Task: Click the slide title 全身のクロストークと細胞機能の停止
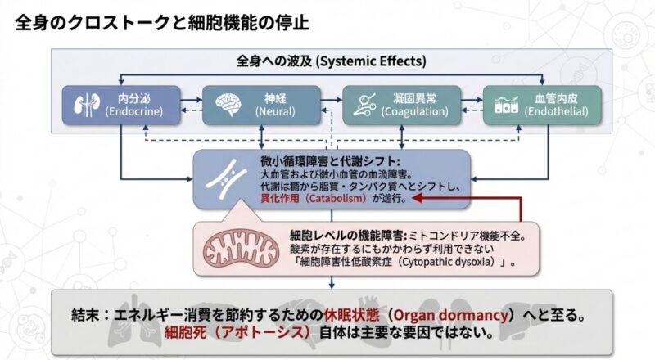(x=161, y=22)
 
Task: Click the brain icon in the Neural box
(x=228, y=104)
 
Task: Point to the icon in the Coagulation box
(x=366, y=104)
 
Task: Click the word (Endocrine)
(x=132, y=110)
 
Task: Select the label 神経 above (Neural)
(x=269, y=97)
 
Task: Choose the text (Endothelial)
(x=557, y=110)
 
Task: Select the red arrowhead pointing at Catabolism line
(x=417, y=198)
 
